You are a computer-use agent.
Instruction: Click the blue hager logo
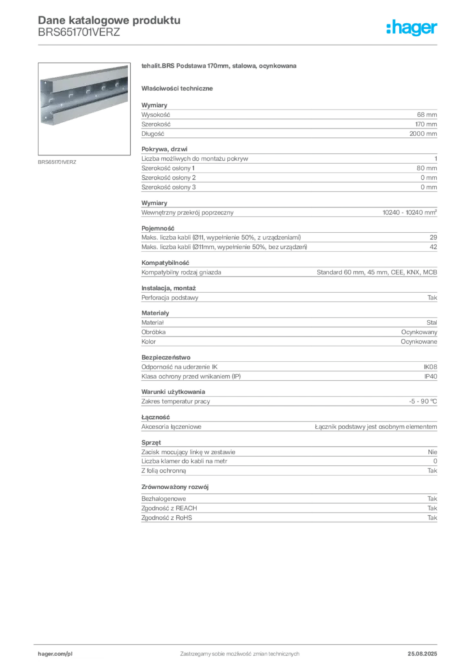point(412,29)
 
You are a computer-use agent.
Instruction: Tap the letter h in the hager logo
point(391,28)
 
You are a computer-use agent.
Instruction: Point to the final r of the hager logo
point(437,29)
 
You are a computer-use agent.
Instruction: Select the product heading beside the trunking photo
point(221,67)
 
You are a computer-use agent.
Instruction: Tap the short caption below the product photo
point(57,162)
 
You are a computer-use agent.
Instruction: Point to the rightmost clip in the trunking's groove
point(119,83)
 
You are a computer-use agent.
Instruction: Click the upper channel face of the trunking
point(85,81)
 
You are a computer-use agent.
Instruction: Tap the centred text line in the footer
point(239,650)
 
